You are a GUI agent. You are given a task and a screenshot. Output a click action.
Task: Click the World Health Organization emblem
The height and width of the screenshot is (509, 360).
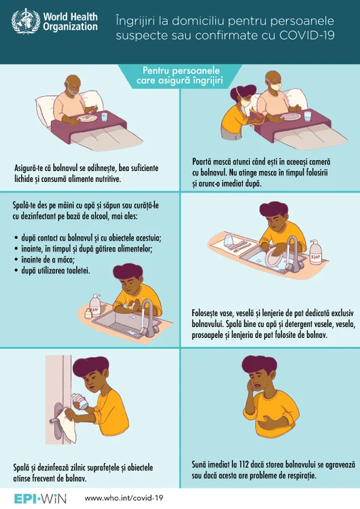pyautogui.click(x=26, y=21)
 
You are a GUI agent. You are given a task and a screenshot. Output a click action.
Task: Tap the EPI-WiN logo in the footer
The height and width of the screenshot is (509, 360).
pyautogui.click(x=40, y=498)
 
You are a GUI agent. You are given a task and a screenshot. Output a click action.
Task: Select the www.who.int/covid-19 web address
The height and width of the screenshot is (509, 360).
pyautogui.click(x=124, y=498)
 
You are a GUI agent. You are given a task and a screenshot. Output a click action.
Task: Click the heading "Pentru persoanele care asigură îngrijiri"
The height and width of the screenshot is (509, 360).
pyautogui.click(x=181, y=75)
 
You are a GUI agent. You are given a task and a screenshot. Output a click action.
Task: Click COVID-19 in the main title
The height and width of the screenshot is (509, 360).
pyautogui.click(x=306, y=35)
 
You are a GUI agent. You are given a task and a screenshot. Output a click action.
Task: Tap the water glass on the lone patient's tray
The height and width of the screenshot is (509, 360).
pyautogui.click(x=105, y=116)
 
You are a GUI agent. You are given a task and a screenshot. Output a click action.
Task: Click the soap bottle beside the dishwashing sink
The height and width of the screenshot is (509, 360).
pyautogui.click(x=315, y=252)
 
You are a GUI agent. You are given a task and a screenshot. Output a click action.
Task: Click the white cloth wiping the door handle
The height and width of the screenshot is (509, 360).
pyautogui.click(x=69, y=425)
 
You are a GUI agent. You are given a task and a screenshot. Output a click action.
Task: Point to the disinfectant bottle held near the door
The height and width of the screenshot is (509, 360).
pyautogui.click(x=79, y=401)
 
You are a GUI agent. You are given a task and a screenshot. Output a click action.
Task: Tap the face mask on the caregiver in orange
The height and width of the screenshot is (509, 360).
pyautogui.click(x=245, y=102)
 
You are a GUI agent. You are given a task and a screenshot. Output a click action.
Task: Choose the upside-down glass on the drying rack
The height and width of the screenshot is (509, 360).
pyautogui.click(x=228, y=240)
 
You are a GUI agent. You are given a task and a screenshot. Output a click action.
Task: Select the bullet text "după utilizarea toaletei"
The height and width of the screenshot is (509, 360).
pyautogui.click(x=56, y=270)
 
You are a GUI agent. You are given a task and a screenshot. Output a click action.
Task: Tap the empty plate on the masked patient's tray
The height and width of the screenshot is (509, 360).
pyautogui.click(x=290, y=117)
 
